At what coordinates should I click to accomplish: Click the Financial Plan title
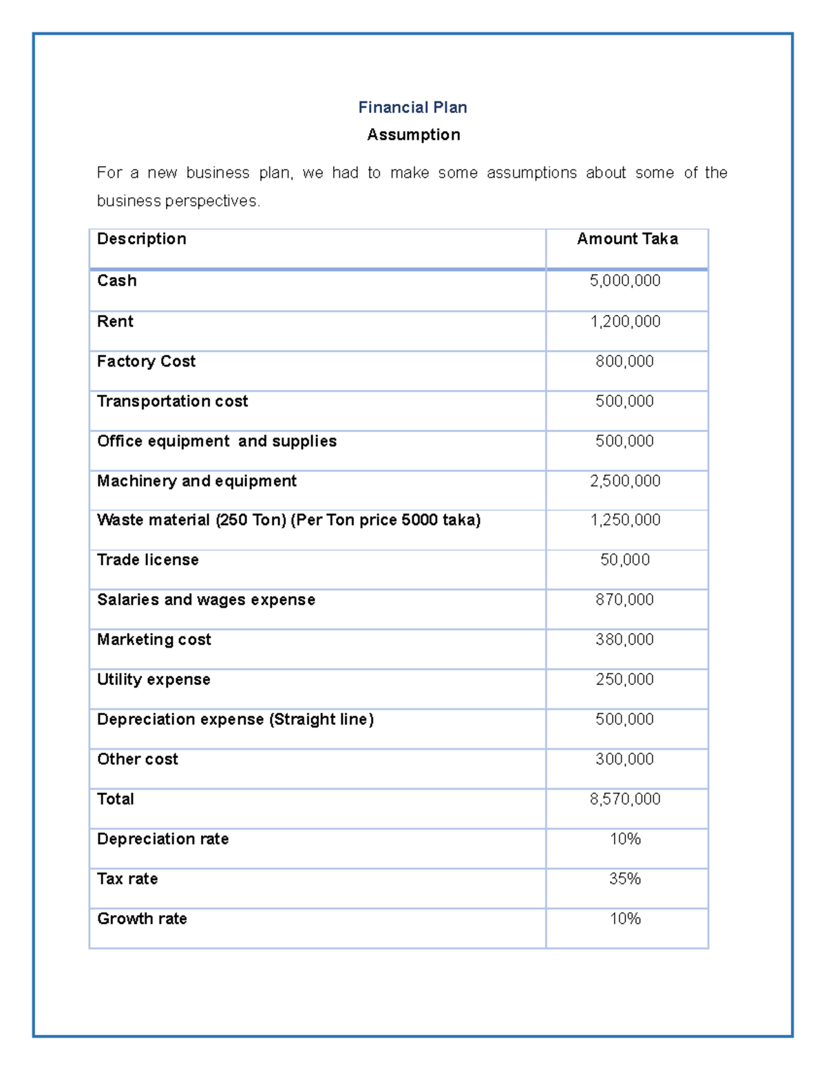(412, 107)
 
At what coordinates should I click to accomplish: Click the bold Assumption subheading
(413, 135)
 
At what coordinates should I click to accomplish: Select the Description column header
(142, 239)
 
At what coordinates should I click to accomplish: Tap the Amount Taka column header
(627, 239)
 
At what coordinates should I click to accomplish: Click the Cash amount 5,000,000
(625, 280)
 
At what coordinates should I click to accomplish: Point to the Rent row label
(115, 322)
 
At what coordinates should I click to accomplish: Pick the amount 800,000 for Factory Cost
(625, 361)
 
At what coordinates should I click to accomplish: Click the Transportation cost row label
(172, 402)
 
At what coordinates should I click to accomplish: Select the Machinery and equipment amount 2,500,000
(625, 481)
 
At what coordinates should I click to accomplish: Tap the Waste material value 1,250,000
(625, 520)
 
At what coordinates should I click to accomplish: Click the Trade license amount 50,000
(625, 559)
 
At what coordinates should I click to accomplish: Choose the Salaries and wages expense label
(206, 600)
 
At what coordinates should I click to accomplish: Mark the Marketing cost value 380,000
(625, 639)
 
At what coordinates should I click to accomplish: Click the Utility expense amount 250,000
(625, 679)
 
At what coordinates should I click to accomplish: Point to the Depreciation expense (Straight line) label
(235, 719)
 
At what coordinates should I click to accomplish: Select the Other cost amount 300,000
(625, 759)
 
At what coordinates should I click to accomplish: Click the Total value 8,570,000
(625, 799)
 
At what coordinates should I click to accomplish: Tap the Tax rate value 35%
(625, 879)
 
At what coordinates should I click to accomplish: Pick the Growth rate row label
(142, 919)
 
